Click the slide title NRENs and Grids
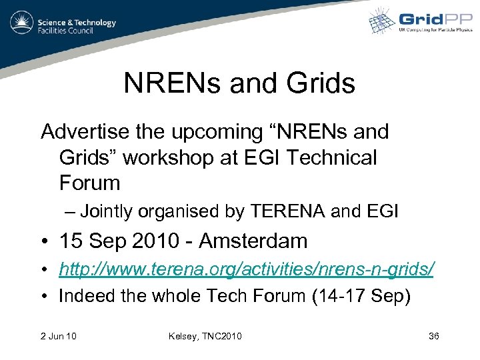(239, 83)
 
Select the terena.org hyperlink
(247, 269)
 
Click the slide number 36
(433, 336)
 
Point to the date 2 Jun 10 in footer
(59, 336)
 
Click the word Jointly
(107, 212)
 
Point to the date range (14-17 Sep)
(361, 295)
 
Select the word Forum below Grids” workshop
(89, 183)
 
